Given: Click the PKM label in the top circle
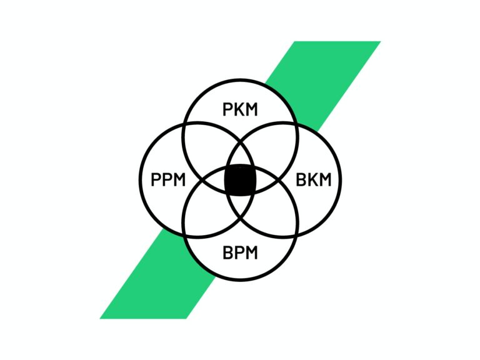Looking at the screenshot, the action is (x=240, y=109).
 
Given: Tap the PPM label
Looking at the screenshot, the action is (x=168, y=180).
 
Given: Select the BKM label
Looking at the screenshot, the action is (x=314, y=180).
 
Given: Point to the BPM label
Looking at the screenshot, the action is (x=240, y=253).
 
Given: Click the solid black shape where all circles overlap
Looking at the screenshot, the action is (x=240, y=180).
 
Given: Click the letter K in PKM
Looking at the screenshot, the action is (x=240, y=109).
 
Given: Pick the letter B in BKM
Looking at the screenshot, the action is (x=301, y=180).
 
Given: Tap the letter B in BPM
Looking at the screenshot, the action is (x=227, y=253).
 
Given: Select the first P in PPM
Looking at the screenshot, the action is (x=156, y=180).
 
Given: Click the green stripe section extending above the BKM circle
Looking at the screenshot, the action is (x=324, y=82).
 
